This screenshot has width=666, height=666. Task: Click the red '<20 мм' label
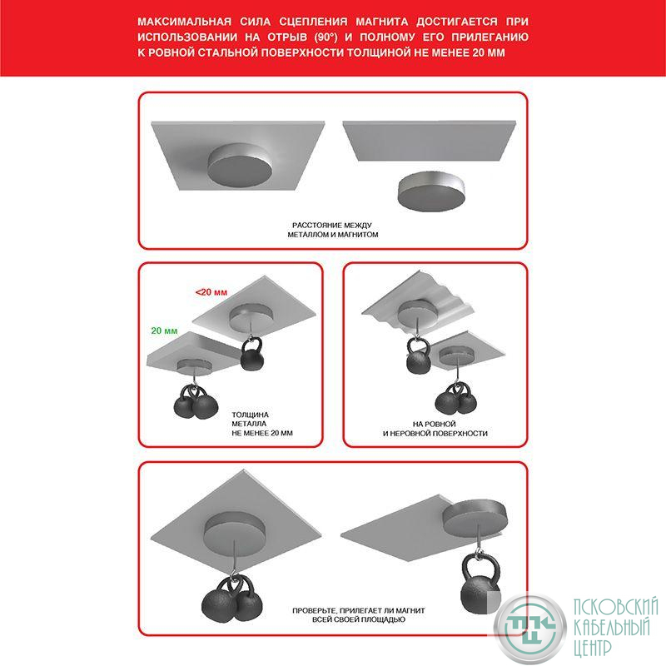[211, 292]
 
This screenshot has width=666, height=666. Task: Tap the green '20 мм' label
[164, 331]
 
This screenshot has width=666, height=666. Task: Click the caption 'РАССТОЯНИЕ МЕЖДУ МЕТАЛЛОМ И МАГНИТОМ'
[332, 230]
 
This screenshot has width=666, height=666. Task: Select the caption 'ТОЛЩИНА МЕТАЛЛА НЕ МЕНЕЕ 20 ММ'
[262, 424]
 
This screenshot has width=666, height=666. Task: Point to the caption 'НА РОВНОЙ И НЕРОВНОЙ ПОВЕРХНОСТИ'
[435, 429]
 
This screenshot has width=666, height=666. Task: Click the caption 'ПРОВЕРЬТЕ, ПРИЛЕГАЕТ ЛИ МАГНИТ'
[359, 610]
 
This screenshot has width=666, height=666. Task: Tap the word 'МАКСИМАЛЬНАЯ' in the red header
[184, 22]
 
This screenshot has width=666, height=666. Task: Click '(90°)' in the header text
[326, 37]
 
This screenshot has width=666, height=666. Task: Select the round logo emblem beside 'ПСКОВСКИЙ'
[530, 628]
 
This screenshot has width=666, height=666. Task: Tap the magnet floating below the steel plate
[430, 191]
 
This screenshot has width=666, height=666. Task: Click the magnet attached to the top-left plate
[240, 165]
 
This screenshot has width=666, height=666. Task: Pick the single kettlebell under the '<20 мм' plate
[252, 353]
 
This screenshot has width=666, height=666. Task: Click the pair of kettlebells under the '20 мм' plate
[196, 402]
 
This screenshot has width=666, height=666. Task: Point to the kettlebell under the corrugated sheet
[419, 356]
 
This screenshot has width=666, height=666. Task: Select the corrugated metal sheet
[419, 301]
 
